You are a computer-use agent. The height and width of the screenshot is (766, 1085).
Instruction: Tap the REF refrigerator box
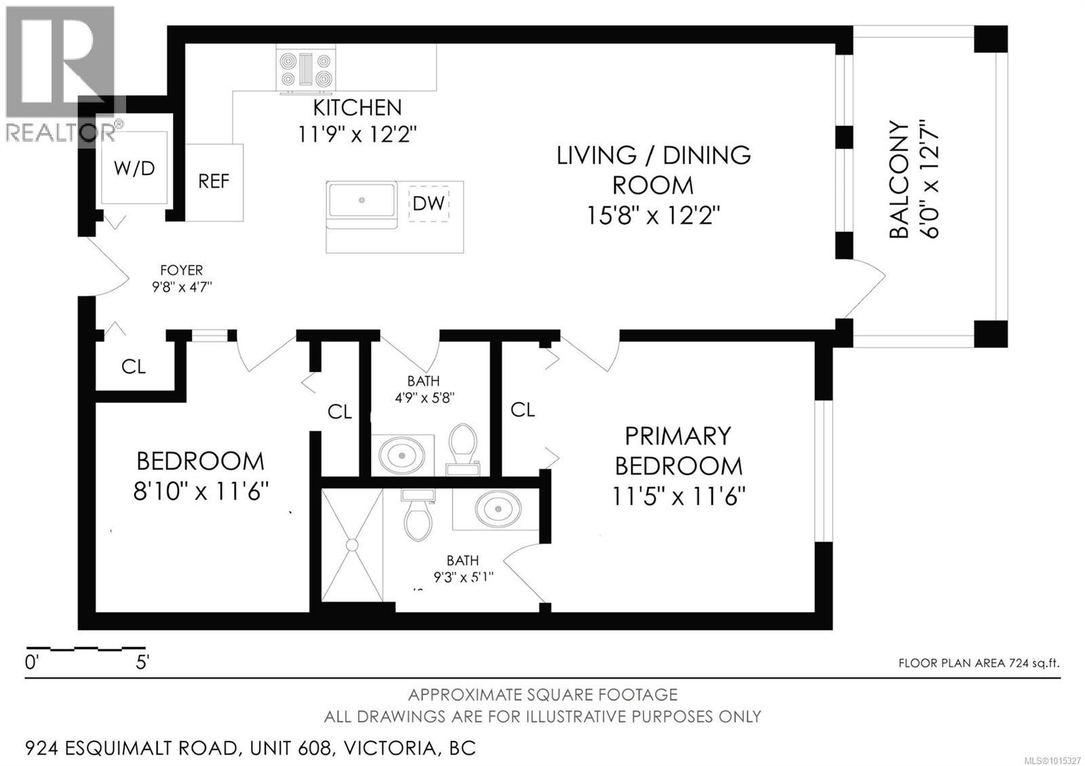coord(214,182)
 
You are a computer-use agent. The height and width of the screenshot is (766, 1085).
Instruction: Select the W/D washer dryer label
coord(134,168)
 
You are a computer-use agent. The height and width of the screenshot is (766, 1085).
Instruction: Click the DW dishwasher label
coord(429,203)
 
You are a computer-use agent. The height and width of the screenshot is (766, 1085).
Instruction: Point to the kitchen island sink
coord(362,200)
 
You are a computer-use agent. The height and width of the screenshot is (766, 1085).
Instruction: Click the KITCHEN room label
coord(357,108)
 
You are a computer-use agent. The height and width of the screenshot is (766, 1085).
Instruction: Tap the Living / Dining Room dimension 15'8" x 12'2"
coord(652,216)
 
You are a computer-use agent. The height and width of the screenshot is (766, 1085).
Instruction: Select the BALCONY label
coord(899,180)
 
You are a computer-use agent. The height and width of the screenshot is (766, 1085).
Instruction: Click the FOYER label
coord(181,271)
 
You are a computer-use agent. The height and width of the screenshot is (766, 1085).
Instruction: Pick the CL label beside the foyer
coord(134,367)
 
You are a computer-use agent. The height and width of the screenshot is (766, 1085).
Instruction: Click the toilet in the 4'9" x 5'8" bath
coord(464,446)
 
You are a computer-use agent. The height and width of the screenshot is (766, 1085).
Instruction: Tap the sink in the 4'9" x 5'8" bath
coord(401,453)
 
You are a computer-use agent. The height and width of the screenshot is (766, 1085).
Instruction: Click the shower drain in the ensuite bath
coord(352,544)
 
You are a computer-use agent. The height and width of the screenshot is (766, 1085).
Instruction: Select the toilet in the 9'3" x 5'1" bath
coord(417,516)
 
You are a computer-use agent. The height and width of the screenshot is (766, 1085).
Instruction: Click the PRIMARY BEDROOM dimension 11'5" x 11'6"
coord(678,497)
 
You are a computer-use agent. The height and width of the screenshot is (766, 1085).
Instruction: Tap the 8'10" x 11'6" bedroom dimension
coord(201,491)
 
